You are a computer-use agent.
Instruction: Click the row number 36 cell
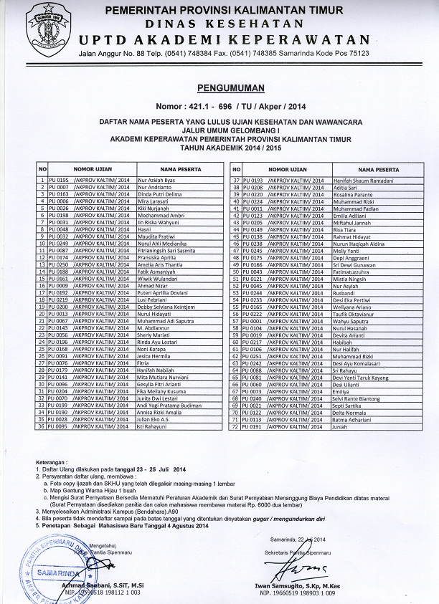pos(42,426)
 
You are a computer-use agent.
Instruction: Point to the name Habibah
pos(343,342)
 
